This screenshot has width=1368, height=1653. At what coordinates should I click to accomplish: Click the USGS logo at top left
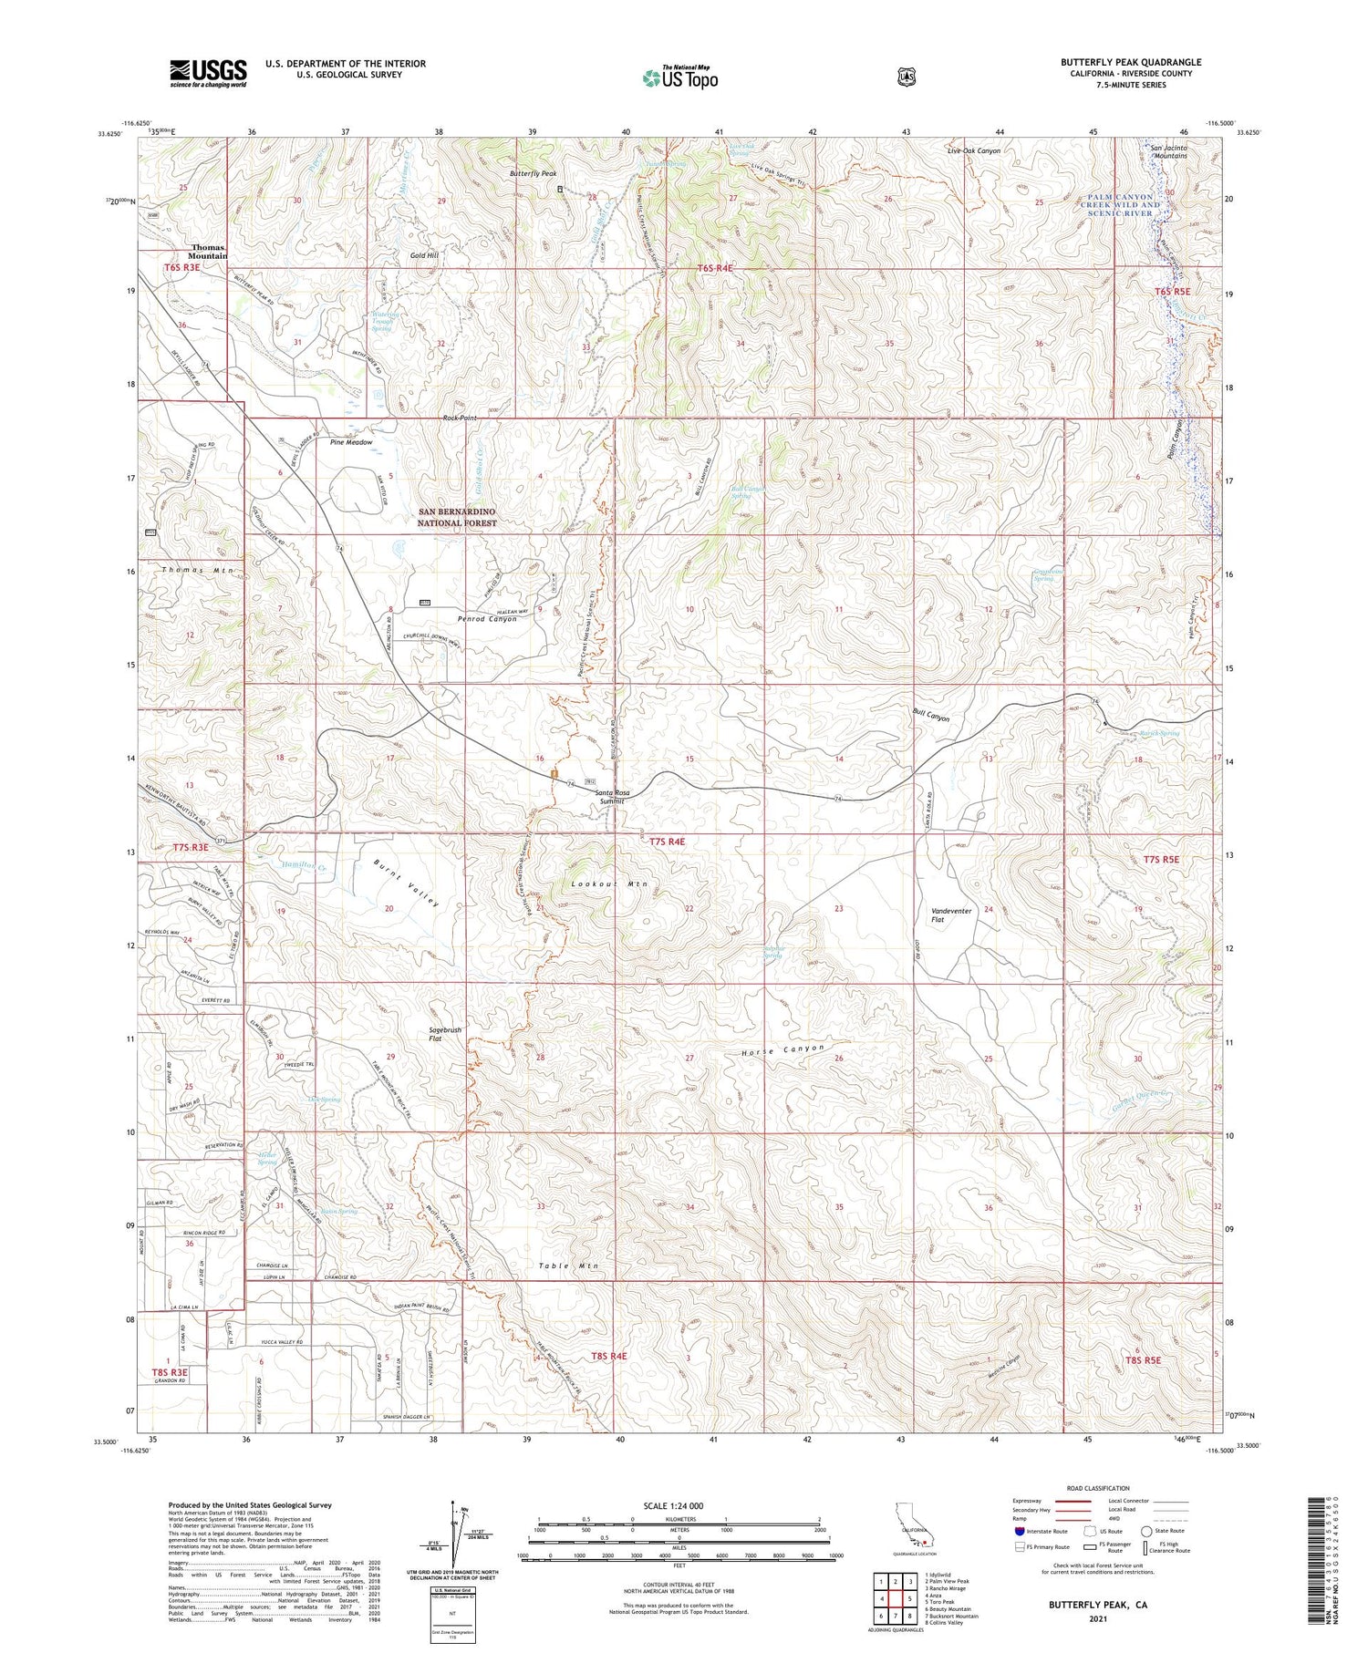tap(208, 73)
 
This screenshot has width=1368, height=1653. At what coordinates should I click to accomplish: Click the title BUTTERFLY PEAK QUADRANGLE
tap(1130, 62)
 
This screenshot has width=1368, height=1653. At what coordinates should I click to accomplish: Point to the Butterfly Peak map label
tap(533, 173)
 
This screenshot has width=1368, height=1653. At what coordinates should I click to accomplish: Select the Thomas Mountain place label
tap(209, 252)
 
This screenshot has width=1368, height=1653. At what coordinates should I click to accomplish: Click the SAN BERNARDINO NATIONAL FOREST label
tap(457, 518)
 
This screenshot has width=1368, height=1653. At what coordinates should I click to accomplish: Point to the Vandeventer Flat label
tap(951, 915)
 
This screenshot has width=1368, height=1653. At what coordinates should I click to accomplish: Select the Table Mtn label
tap(568, 1266)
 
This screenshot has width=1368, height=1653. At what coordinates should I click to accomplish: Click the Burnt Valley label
tap(407, 883)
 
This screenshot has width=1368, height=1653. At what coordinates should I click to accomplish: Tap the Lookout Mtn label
tap(608, 884)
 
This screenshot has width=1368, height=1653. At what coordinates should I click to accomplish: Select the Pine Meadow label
tap(351, 442)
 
